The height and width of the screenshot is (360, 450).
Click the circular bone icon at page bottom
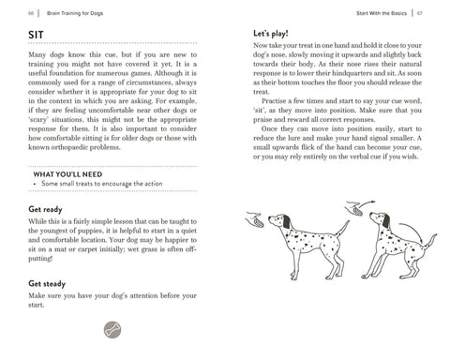click(112, 329)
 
